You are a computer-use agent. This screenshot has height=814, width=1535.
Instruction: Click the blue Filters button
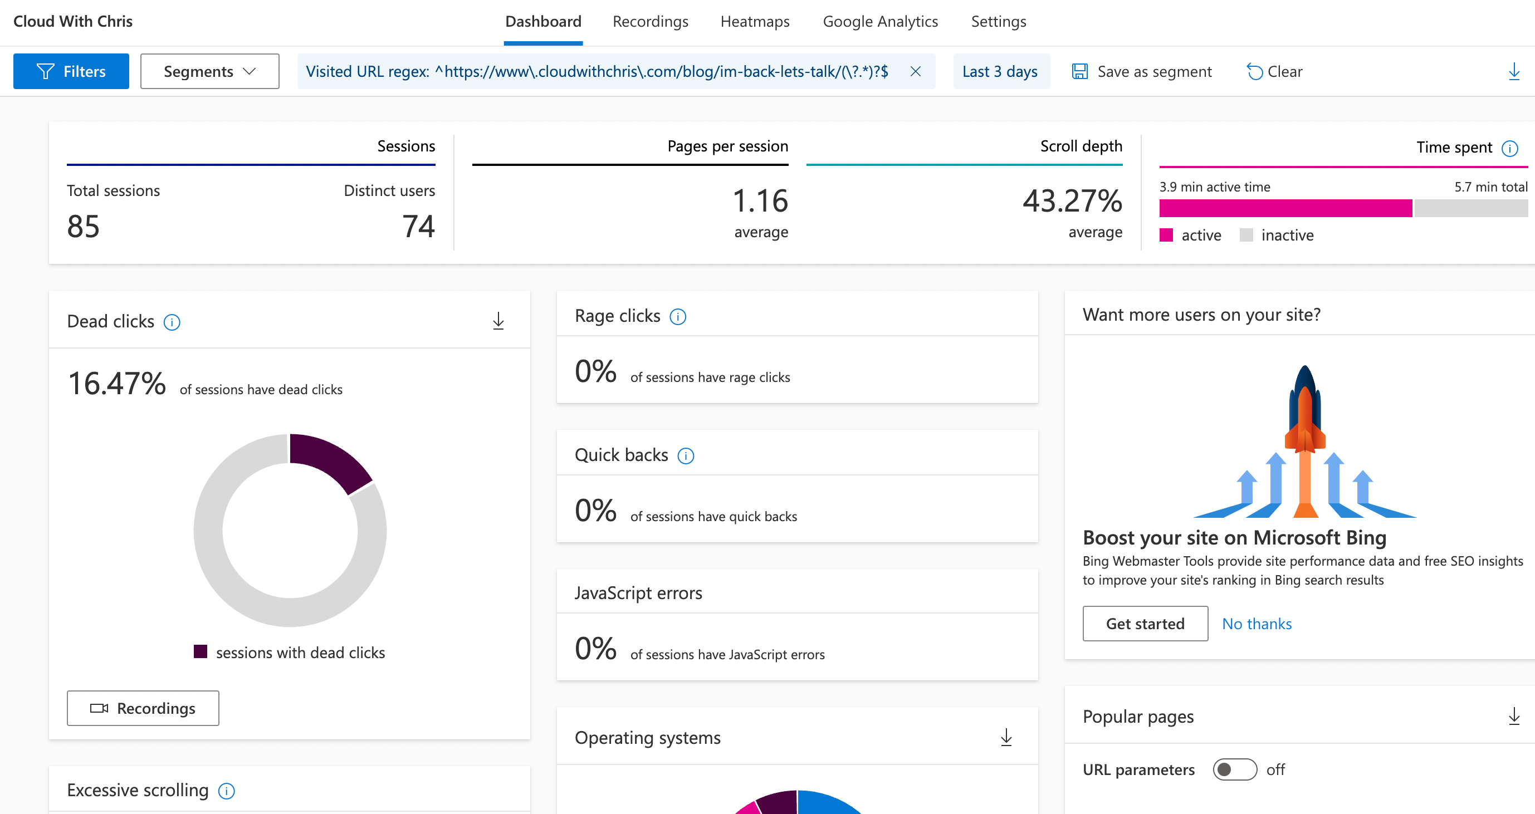pos(71,71)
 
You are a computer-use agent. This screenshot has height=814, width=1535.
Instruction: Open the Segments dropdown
pos(209,71)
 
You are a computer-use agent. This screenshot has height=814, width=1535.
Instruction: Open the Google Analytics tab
pos(879,22)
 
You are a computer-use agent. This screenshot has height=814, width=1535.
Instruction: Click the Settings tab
pos(998,22)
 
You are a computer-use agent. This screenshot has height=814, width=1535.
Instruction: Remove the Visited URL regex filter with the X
pos(915,71)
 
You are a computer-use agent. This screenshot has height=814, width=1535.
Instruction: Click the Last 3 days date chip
pos(1000,71)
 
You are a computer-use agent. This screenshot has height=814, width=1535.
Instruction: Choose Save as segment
pos(1141,71)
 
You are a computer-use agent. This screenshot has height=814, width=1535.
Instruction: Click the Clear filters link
pos(1274,71)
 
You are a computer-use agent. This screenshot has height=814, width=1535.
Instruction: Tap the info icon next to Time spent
pos(1509,148)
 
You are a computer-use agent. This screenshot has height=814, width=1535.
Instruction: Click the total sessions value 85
pos(84,227)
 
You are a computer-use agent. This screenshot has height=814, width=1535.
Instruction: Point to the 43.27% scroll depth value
pos(1072,201)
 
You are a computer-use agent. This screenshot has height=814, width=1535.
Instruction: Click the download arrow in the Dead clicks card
pos(498,322)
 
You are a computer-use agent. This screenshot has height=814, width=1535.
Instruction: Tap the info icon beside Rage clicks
pos(677,317)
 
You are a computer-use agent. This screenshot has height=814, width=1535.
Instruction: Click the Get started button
pos(1145,624)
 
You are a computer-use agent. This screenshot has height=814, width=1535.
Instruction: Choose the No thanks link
pos(1256,624)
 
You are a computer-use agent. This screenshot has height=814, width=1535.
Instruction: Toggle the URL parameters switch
pos(1234,769)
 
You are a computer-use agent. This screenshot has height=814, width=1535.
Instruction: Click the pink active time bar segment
pos(1285,208)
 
